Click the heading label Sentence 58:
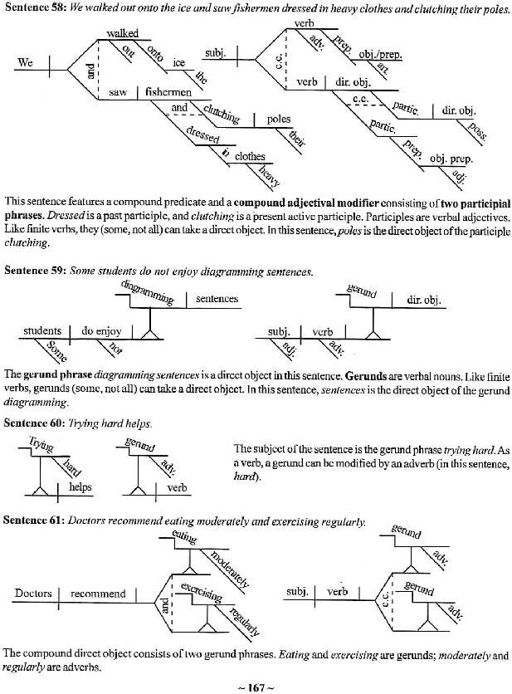click(x=32, y=10)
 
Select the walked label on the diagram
click(x=123, y=32)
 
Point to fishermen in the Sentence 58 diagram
click(x=168, y=92)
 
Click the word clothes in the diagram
click(x=250, y=156)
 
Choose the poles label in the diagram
click(x=279, y=119)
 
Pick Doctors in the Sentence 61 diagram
click(x=34, y=594)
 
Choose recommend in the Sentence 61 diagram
click(x=98, y=594)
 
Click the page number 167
click(x=256, y=686)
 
